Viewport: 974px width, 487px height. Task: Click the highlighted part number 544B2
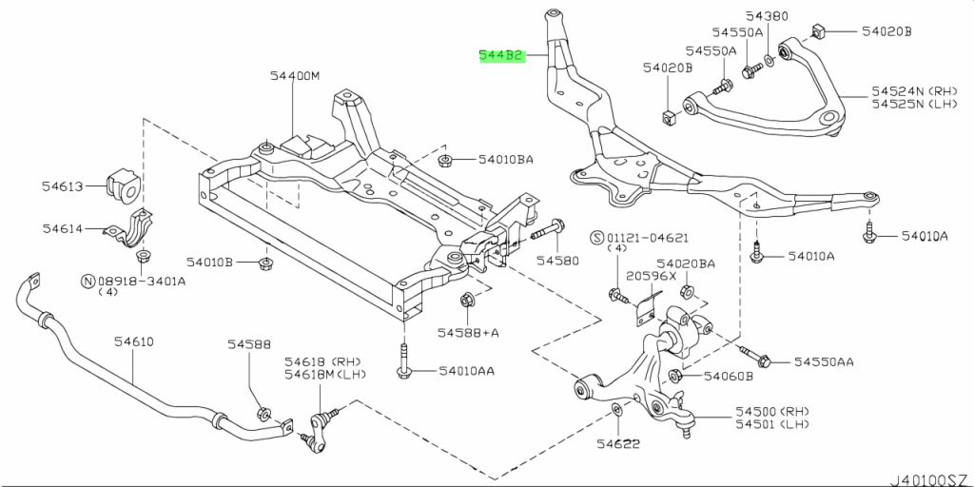coord(501,56)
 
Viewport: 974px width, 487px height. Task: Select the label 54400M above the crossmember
coord(293,76)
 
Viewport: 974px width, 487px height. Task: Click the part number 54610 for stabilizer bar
coord(134,341)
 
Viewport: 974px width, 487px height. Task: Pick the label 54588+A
coord(468,333)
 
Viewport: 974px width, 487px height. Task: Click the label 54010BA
coord(505,160)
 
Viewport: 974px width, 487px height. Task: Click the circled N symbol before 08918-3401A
coord(88,281)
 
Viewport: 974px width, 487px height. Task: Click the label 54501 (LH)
coord(769,424)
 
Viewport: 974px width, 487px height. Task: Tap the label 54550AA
coord(824,362)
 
